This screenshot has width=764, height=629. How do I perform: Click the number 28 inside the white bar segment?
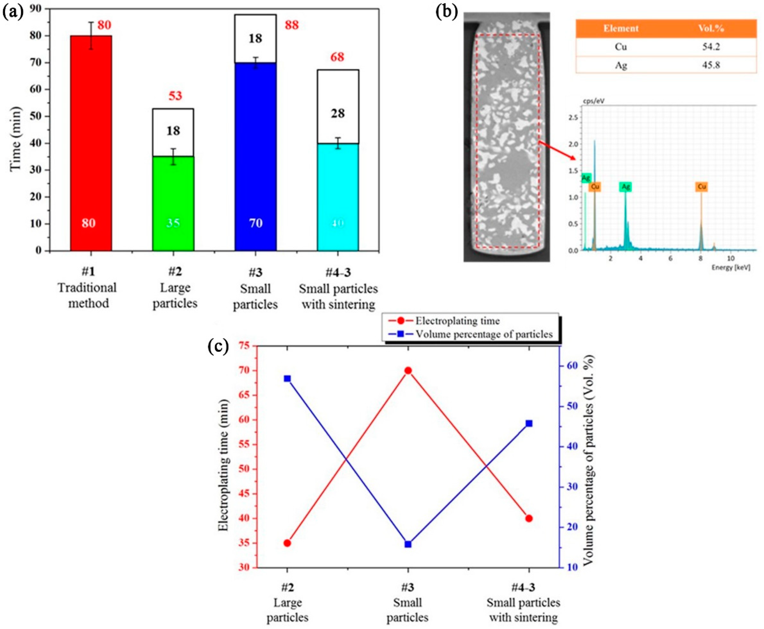(x=338, y=113)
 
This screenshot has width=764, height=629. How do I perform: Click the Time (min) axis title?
(x=15, y=139)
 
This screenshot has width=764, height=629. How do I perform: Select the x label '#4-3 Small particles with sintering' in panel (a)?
(x=338, y=289)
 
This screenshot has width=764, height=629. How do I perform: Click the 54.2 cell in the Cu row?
(x=711, y=47)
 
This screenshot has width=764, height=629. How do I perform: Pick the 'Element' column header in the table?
(x=621, y=29)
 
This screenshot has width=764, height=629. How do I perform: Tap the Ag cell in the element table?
(x=621, y=65)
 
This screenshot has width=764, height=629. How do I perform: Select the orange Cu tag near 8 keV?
(x=702, y=187)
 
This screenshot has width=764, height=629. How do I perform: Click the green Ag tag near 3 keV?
(x=625, y=187)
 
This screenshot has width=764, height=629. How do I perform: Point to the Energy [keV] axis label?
(x=731, y=267)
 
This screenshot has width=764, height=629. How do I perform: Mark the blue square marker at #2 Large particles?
(x=287, y=379)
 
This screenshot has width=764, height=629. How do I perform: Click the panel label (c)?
(x=218, y=346)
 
